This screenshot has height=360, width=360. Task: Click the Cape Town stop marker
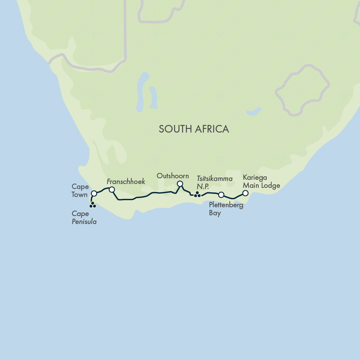point(94,194)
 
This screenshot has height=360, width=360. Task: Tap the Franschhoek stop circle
point(112,189)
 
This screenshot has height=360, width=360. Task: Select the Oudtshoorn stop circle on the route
point(180,184)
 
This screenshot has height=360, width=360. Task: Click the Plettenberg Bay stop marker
point(221,195)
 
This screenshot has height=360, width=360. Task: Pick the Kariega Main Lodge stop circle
point(245,193)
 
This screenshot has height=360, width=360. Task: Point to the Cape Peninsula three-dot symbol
point(93,205)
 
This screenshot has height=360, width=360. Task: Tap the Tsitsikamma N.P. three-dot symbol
point(197,195)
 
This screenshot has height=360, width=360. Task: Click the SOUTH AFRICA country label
point(194,129)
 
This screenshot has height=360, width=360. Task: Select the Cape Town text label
point(80,190)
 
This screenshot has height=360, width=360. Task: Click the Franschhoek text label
point(126,182)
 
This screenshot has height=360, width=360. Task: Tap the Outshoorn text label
point(173,176)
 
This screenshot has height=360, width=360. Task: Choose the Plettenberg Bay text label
point(226,209)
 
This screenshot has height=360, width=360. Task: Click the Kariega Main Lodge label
point(261,182)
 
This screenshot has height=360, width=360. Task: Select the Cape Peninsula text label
point(84,218)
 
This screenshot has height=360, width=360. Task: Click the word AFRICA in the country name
point(211,129)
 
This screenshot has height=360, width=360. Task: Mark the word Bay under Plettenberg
point(215,213)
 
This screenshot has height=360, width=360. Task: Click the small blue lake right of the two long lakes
point(253,112)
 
